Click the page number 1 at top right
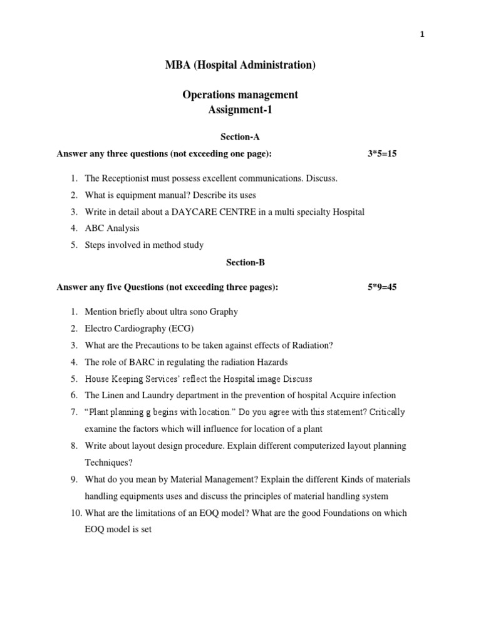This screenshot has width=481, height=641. [x=422, y=35]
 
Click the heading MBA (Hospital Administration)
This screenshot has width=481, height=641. [x=240, y=65]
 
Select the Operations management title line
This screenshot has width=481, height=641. [x=240, y=95]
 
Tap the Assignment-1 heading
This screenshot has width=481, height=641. [x=240, y=111]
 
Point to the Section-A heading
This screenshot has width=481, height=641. [x=240, y=137]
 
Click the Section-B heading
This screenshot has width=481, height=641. [x=240, y=263]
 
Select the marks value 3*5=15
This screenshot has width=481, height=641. [x=382, y=154]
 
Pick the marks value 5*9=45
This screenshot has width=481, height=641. [x=382, y=287]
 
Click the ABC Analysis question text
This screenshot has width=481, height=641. [x=112, y=228]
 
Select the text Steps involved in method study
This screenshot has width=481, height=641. [x=144, y=245]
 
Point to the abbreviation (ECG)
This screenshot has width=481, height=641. [x=182, y=329]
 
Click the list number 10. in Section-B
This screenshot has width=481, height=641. [x=74, y=513]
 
